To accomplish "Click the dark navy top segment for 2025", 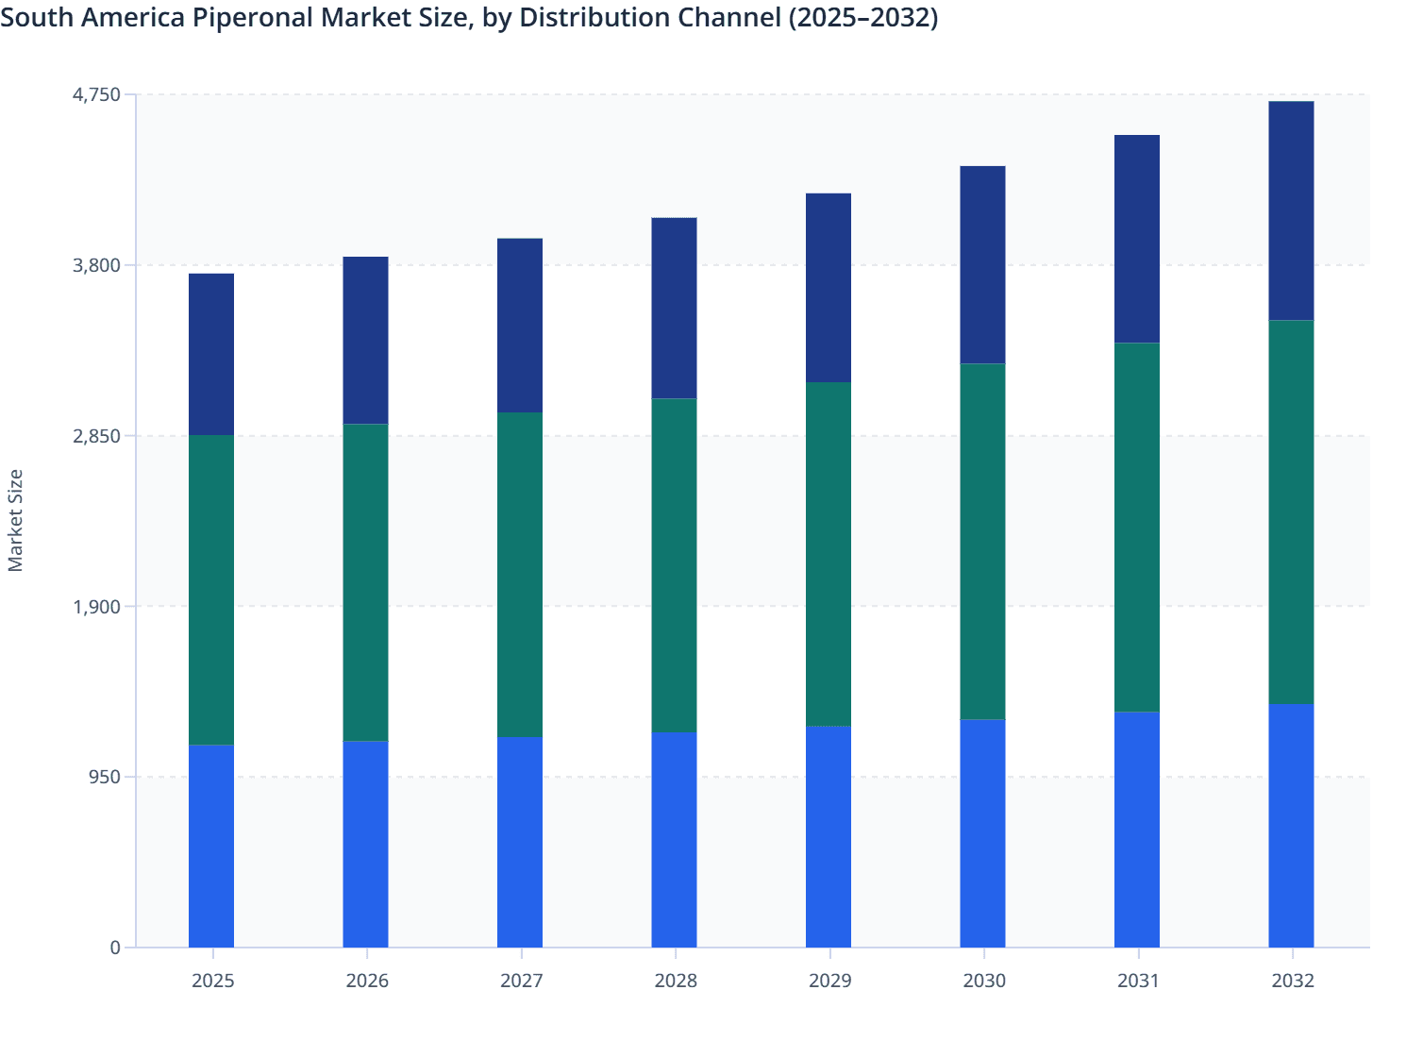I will point(211,354).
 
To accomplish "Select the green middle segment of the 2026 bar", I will point(365,582).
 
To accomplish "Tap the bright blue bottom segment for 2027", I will point(520,842).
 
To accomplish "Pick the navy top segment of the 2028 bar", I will point(674,308).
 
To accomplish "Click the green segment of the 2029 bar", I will point(829,554).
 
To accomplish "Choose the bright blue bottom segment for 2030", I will point(982,833).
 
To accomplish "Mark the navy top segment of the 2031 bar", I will point(1137,239).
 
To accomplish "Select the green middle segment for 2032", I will point(1291,512).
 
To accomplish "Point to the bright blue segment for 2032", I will point(1291,826).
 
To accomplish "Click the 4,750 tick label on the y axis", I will point(97,94).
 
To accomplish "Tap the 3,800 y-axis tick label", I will point(97,265).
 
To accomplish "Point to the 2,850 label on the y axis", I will point(97,436).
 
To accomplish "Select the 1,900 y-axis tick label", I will point(97,607).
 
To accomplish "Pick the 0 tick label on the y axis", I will point(115,948).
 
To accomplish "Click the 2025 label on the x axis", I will point(212,981).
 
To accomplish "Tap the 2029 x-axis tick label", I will point(829,981).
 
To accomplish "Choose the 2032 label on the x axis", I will point(1292,981).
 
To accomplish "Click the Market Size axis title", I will point(15,520).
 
